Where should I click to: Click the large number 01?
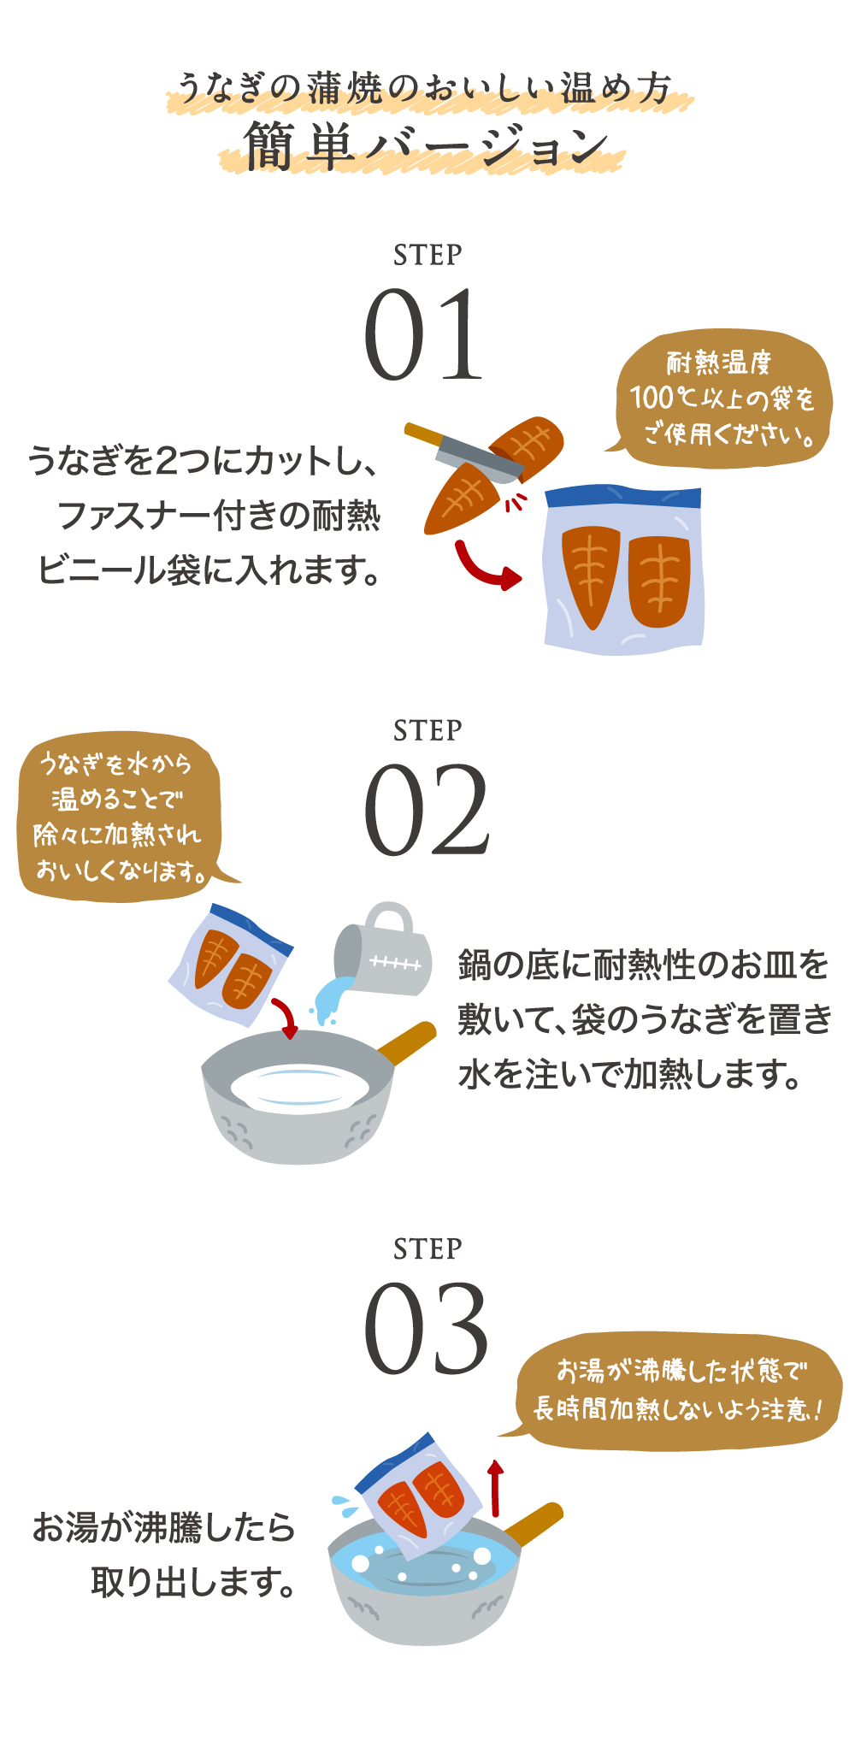[x=424, y=334]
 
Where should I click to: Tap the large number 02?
[x=427, y=810]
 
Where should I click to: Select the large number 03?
[x=426, y=1327]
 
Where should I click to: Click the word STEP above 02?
[x=427, y=731]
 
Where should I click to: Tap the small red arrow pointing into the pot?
[x=286, y=1017]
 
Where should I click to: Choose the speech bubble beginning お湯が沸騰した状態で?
[x=677, y=1390]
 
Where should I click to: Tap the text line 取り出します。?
[x=193, y=1582]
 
